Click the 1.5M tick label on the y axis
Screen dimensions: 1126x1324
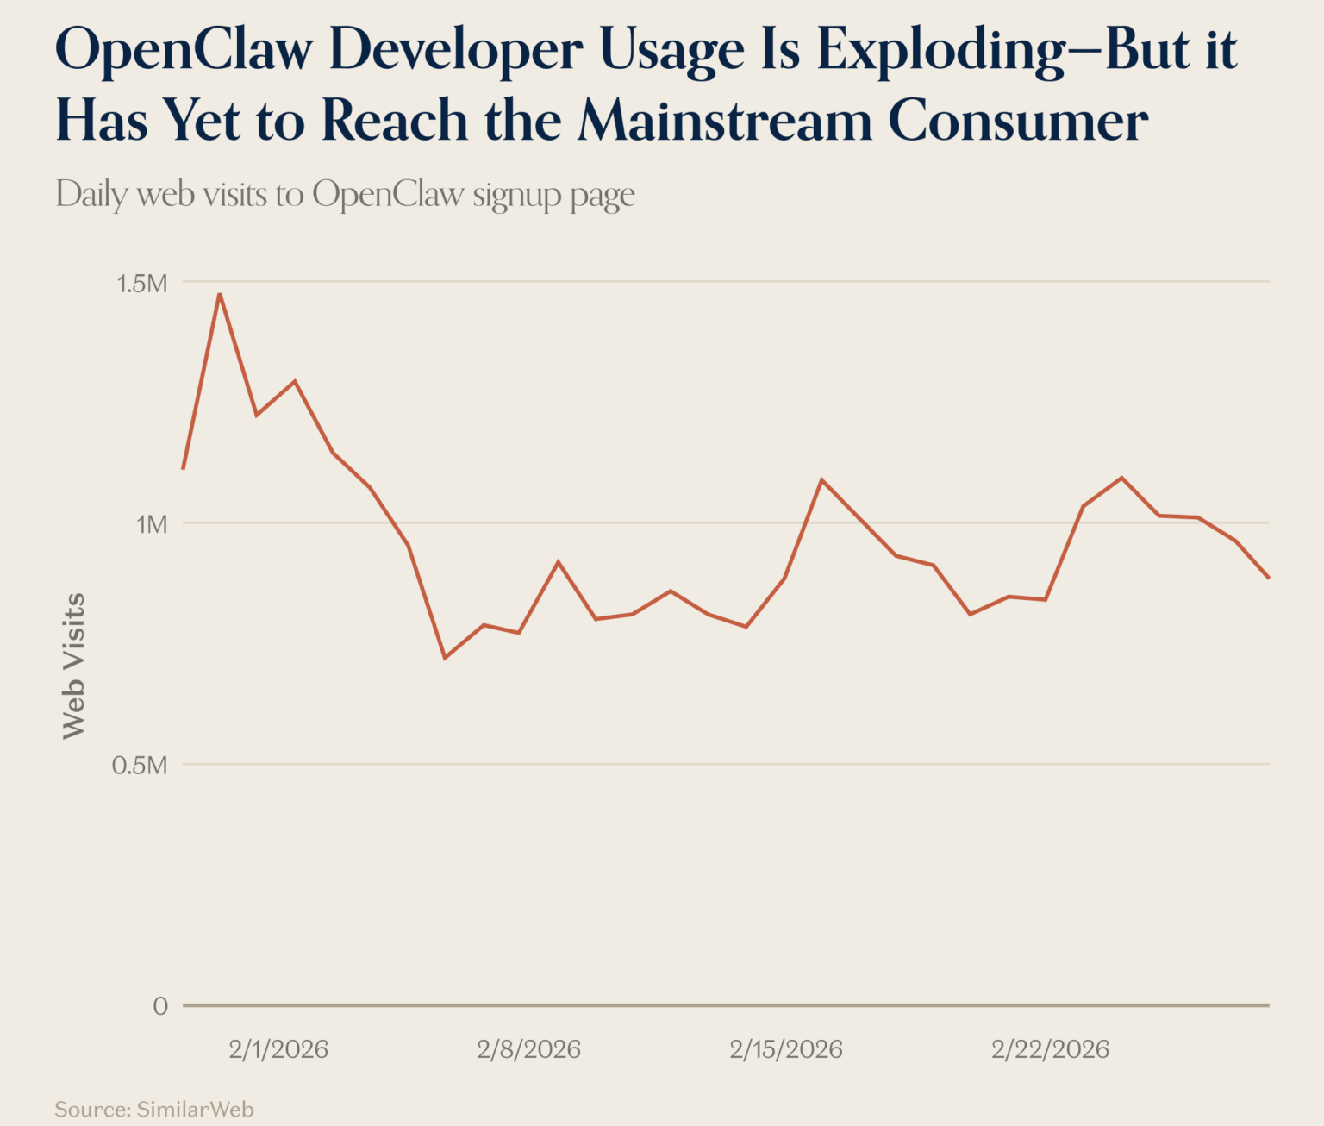click(x=141, y=283)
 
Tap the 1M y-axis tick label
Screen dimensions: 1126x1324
click(x=151, y=524)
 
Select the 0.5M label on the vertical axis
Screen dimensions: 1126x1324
click(x=140, y=766)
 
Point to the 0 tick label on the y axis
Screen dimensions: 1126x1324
click(x=160, y=1006)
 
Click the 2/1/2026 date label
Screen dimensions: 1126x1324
click(x=278, y=1049)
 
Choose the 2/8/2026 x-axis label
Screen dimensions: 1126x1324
click(x=528, y=1049)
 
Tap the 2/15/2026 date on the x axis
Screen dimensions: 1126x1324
click(x=785, y=1049)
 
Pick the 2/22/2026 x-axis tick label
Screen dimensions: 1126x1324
click(x=1050, y=1049)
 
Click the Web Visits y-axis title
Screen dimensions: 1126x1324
click(x=74, y=666)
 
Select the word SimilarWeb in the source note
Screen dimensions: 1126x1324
click(x=195, y=1109)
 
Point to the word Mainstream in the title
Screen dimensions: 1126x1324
click(x=725, y=121)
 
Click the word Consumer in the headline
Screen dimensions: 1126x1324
click(x=1018, y=121)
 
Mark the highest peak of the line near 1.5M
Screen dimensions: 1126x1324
click(x=220, y=294)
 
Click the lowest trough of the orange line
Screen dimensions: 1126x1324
click(x=445, y=658)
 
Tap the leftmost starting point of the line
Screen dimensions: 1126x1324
click(x=184, y=468)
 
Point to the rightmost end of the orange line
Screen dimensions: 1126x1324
click(x=1268, y=577)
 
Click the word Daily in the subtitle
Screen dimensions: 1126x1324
click(x=91, y=195)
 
